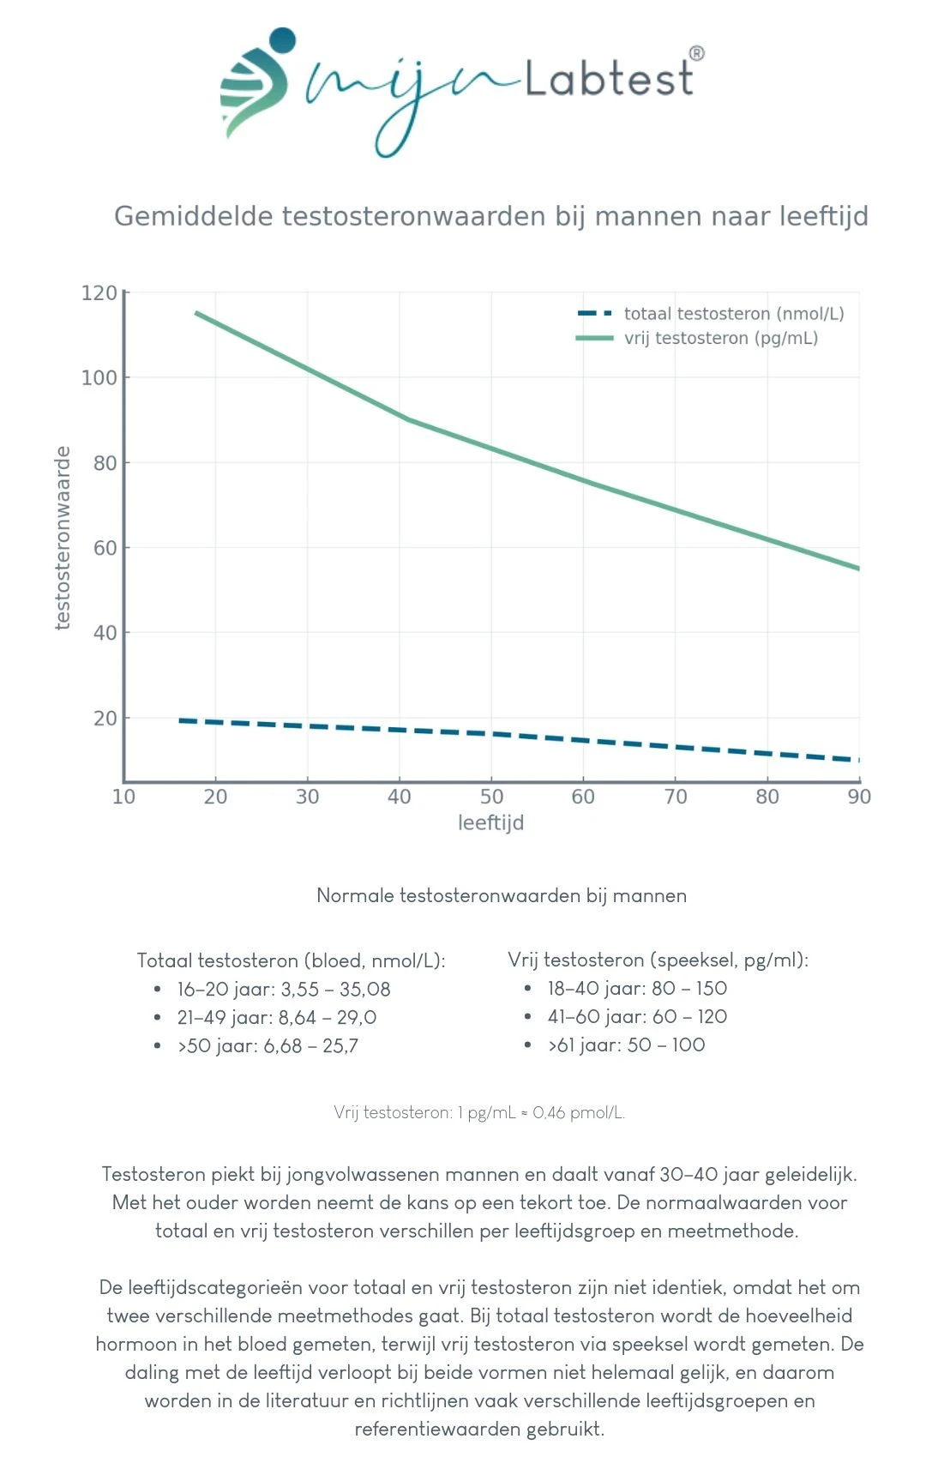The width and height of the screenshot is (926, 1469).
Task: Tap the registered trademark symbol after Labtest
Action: click(697, 53)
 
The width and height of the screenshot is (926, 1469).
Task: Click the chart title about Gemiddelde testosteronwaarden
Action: click(490, 216)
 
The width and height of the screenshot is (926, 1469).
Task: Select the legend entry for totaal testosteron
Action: click(733, 314)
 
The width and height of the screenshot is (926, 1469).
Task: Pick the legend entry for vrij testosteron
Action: click(720, 338)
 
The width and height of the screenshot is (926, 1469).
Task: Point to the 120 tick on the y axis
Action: click(99, 293)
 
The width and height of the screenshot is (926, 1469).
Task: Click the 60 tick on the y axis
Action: click(105, 548)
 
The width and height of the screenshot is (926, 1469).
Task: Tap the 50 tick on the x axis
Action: click(491, 797)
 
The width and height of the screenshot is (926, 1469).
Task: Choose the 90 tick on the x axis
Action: click(859, 797)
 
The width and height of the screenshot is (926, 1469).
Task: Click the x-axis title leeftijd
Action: click(490, 823)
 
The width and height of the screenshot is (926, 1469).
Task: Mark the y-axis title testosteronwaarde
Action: click(62, 538)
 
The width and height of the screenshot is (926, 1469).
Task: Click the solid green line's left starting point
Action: click(196, 313)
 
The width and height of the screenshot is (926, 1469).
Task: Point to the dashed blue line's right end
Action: click(857, 760)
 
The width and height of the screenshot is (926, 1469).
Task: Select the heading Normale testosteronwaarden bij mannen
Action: click(502, 895)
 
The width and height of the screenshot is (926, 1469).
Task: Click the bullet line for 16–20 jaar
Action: click(283, 989)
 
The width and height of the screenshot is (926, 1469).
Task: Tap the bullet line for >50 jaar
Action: click(268, 1045)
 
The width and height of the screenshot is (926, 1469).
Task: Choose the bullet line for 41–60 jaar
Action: click(637, 1016)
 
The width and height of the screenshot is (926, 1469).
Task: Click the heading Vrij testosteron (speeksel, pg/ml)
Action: click(658, 960)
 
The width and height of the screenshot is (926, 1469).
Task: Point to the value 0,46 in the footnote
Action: click(549, 1112)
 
